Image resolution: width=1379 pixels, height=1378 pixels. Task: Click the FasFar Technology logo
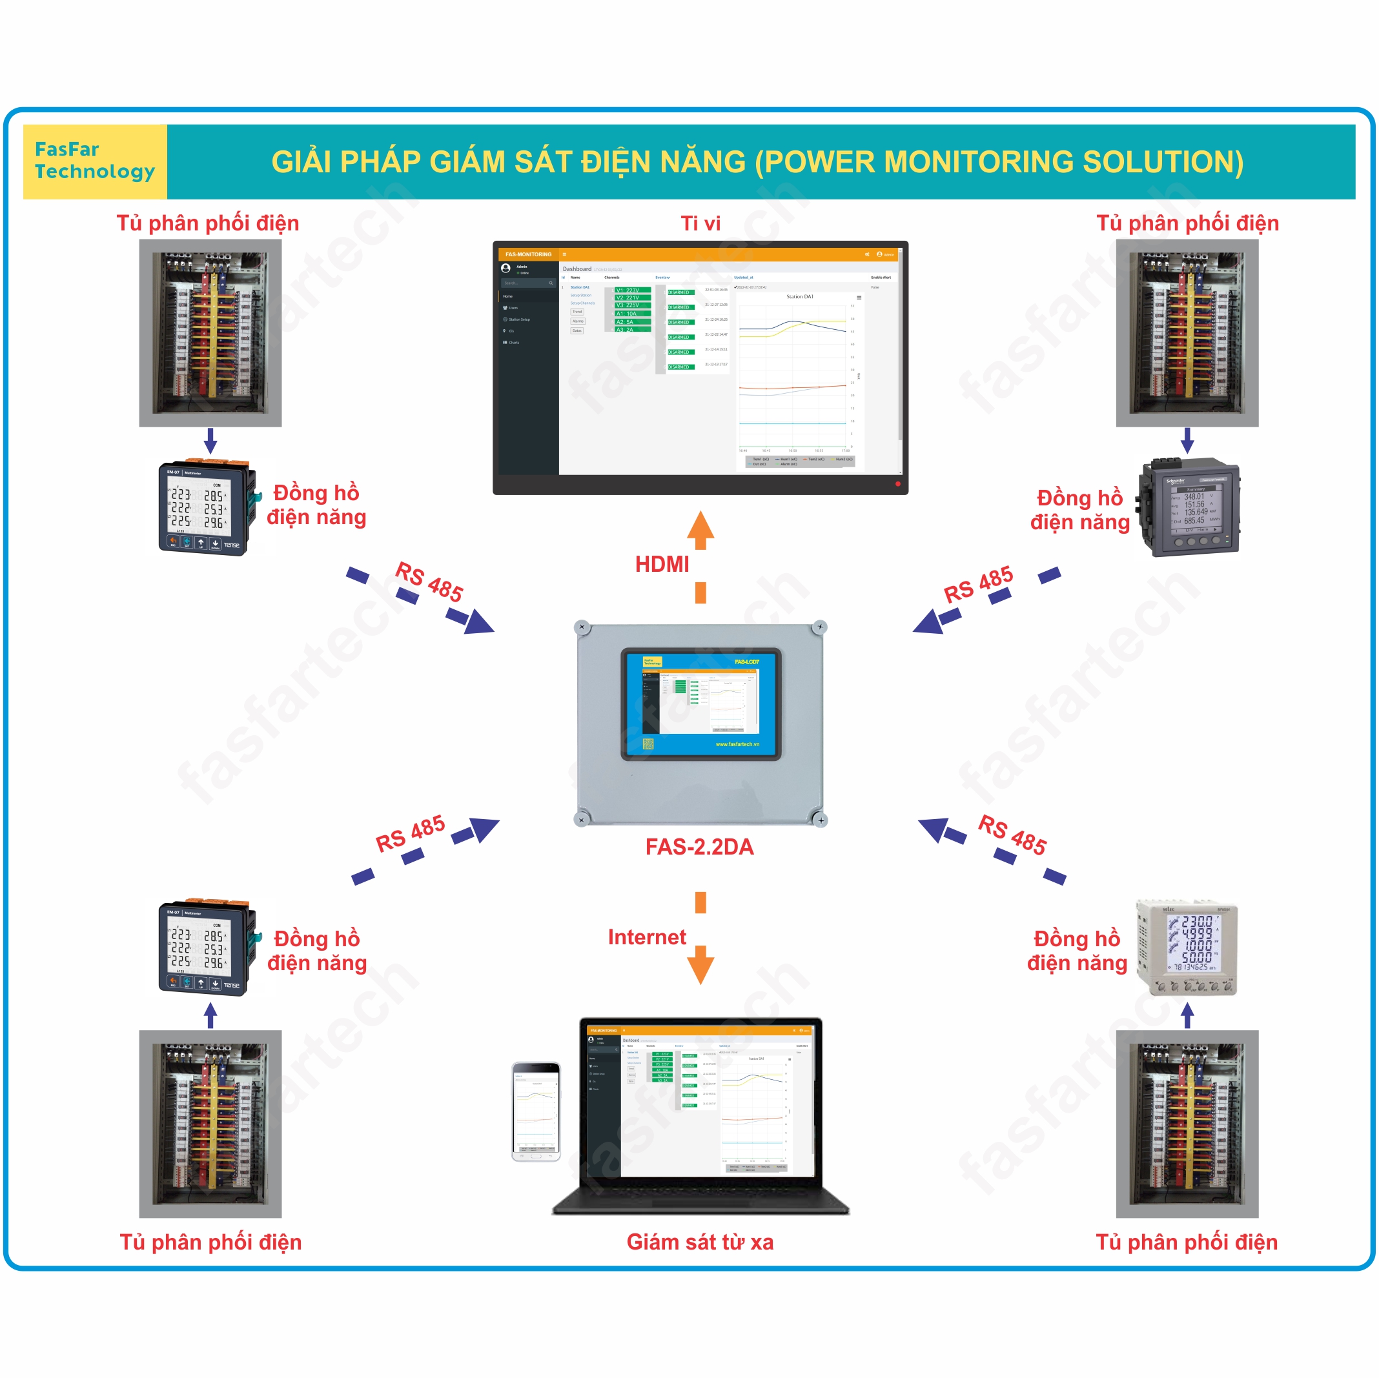click(x=94, y=161)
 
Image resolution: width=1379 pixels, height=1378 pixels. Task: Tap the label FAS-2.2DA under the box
click(x=699, y=846)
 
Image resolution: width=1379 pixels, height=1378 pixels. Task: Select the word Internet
click(x=647, y=937)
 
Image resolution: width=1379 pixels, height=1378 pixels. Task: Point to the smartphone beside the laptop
click(x=535, y=1111)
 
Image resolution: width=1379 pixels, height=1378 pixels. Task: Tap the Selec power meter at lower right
click(x=1187, y=947)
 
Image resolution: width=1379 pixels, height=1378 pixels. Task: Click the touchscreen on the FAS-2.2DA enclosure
click(x=700, y=703)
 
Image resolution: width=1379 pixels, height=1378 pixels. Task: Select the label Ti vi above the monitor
click(x=700, y=223)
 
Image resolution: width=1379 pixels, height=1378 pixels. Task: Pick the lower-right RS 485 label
click(x=1012, y=834)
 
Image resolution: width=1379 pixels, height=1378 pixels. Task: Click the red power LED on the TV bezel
click(x=897, y=484)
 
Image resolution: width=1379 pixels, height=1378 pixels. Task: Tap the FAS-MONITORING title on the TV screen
click(x=528, y=254)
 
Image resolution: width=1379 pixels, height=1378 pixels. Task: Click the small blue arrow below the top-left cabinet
click(x=210, y=441)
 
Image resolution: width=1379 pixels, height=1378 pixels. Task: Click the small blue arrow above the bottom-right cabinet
click(x=1187, y=1015)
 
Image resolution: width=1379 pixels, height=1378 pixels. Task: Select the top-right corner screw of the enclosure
click(x=819, y=627)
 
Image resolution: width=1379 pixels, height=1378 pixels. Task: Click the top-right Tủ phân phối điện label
click(x=1187, y=223)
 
